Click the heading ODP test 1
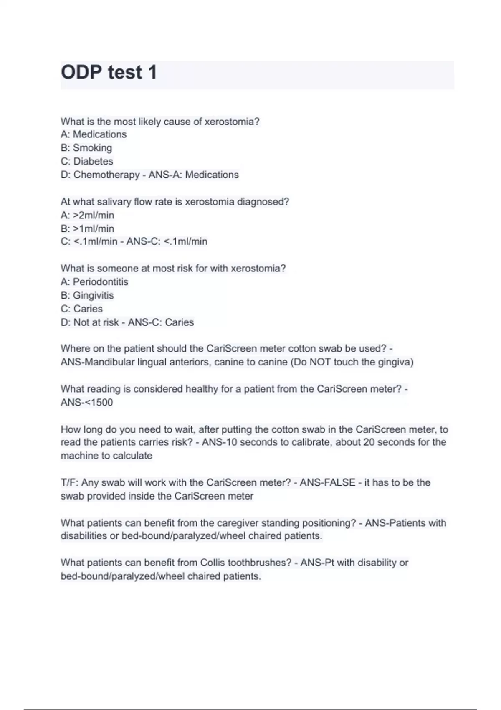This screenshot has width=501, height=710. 109,72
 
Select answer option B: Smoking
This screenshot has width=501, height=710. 86,148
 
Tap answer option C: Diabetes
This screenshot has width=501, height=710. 87,161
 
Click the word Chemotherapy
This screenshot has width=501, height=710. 106,175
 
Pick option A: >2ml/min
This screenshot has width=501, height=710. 87,215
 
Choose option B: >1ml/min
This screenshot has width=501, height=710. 87,228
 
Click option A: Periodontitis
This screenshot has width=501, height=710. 94,282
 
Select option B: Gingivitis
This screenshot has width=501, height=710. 87,295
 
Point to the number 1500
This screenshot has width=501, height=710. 101,403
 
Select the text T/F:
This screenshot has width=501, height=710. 69,483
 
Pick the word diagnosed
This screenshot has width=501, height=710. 263,202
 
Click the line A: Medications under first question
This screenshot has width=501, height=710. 94,134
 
